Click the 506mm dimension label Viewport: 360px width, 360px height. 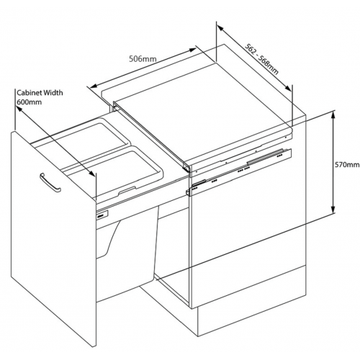(x=143, y=59)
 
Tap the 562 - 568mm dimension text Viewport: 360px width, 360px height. (x=261, y=59)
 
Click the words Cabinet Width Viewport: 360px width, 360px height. (x=40, y=93)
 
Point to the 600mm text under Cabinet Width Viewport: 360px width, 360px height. (x=29, y=102)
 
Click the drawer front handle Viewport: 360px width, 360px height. (x=50, y=182)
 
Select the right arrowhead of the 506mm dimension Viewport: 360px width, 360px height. (x=192, y=50)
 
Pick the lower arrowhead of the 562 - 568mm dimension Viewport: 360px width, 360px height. (x=289, y=88)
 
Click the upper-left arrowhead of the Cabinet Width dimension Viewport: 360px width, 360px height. (x=19, y=109)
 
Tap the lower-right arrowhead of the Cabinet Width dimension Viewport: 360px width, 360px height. (x=92, y=174)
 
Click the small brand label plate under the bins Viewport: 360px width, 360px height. (x=103, y=214)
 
